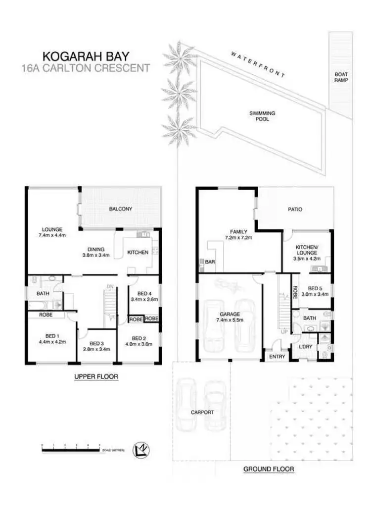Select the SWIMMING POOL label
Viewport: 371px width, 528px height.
point(262,116)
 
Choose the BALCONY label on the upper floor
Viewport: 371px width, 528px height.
point(121,209)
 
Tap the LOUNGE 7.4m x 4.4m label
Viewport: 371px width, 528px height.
point(52,232)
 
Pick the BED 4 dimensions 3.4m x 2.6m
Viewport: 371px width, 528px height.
point(143,299)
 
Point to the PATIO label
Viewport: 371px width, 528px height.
point(295,210)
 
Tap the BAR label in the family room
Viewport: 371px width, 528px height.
point(210,261)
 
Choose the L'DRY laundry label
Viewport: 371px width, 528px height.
point(305,347)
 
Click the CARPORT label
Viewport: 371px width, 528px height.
point(203,412)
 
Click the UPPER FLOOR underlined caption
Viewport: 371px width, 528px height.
point(96,377)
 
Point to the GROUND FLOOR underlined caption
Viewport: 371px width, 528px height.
point(269,469)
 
